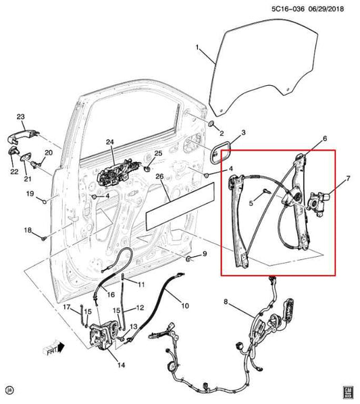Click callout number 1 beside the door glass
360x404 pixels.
point(197,47)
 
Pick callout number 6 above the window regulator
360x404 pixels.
point(324,138)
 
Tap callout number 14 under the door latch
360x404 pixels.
point(121,365)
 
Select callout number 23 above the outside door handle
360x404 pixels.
point(20,117)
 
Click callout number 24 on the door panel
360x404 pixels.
point(110,142)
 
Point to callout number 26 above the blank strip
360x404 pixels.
point(159,177)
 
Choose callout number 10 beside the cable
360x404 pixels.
point(185,305)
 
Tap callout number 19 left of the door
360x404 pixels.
point(30,195)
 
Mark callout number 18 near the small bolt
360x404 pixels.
point(28,231)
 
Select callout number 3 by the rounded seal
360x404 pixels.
point(243,132)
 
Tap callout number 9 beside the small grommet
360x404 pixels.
point(206,254)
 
